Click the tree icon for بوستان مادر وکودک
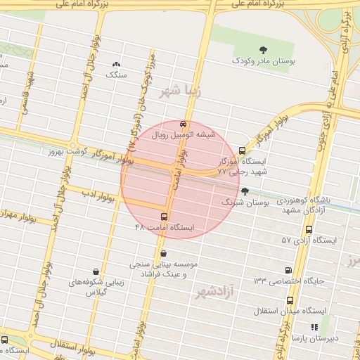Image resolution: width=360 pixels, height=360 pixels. click(263, 50)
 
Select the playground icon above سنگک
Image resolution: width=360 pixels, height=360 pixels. click(116, 64)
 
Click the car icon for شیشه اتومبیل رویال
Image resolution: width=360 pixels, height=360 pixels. click(184, 122)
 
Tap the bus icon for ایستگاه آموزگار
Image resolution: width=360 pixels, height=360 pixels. click(243, 150)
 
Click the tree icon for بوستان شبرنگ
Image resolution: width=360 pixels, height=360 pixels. click(245, 191)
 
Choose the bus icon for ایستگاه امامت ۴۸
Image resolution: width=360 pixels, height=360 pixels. click(165, 217)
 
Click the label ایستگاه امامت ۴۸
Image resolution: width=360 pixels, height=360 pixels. click(168, 228)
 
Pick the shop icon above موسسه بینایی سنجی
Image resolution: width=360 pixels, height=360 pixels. click(164, 253)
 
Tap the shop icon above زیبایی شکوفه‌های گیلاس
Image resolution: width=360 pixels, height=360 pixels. click(96, 271)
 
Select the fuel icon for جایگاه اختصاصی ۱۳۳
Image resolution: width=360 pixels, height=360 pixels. click(288, 270)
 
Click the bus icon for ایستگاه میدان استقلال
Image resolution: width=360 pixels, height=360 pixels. click(290, 300)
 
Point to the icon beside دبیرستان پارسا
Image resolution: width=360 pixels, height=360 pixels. click(314, 327)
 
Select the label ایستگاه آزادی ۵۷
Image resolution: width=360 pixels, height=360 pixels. click(309, 240)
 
